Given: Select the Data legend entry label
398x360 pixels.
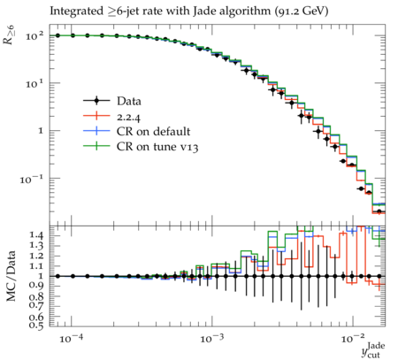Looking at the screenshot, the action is (129, 101).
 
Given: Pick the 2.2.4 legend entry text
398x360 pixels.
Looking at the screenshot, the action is (128, 117).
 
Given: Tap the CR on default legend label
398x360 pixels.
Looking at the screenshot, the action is (153, 132).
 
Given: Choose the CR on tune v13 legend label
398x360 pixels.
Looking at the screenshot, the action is (157, 147).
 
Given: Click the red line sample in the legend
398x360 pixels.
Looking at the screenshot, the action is (96, 116).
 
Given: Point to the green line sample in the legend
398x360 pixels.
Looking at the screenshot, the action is (96, 146).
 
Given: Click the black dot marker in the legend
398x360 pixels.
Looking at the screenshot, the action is (96, 101).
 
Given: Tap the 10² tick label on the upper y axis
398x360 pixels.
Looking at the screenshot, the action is (34, 36).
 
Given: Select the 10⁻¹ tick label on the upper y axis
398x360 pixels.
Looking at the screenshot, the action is (32, 180).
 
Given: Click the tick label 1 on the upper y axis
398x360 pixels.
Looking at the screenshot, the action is (41, 131).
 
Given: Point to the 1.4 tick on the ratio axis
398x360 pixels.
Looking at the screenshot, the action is (36, 235).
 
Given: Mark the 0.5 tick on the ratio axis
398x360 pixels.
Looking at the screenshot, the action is (36, 325).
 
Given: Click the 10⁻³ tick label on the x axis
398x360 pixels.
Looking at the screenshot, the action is (211, 338).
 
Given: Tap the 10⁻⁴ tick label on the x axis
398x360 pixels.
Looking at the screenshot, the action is (71, 338).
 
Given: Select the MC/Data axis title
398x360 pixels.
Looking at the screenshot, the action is (11, 276).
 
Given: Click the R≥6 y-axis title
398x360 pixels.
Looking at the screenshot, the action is (10, 34).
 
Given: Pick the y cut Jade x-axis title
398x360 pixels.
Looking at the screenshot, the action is (373, 350).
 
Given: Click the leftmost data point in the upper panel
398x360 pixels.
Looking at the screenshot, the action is (57, 35).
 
